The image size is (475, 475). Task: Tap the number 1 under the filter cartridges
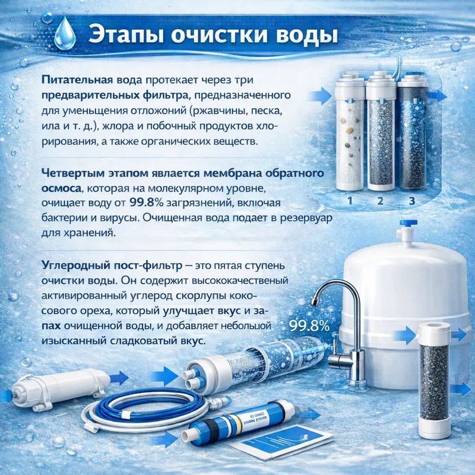pos(350,201)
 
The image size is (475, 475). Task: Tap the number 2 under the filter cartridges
pos(381,201)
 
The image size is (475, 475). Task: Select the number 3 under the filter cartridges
pos(411,201)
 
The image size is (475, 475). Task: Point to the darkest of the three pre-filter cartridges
pos(411,137)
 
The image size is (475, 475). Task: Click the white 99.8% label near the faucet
pos(308,325)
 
